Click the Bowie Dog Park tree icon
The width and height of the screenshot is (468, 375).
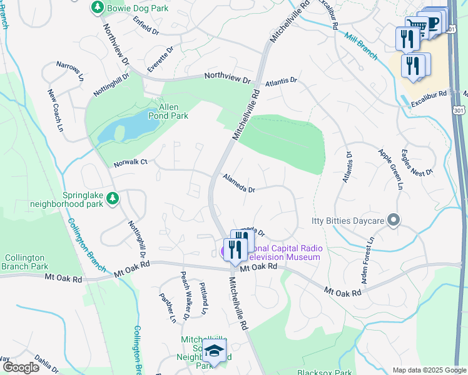point(97,7)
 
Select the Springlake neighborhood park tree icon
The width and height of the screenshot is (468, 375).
point(113,198)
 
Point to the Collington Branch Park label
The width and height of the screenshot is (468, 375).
point(26,262)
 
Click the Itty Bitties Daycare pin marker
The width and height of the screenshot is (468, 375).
point(394,219)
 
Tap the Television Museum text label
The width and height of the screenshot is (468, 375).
point(285,257)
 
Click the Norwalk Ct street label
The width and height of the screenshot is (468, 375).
point(130,162)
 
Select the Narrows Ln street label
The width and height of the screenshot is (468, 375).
point(69,71)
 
